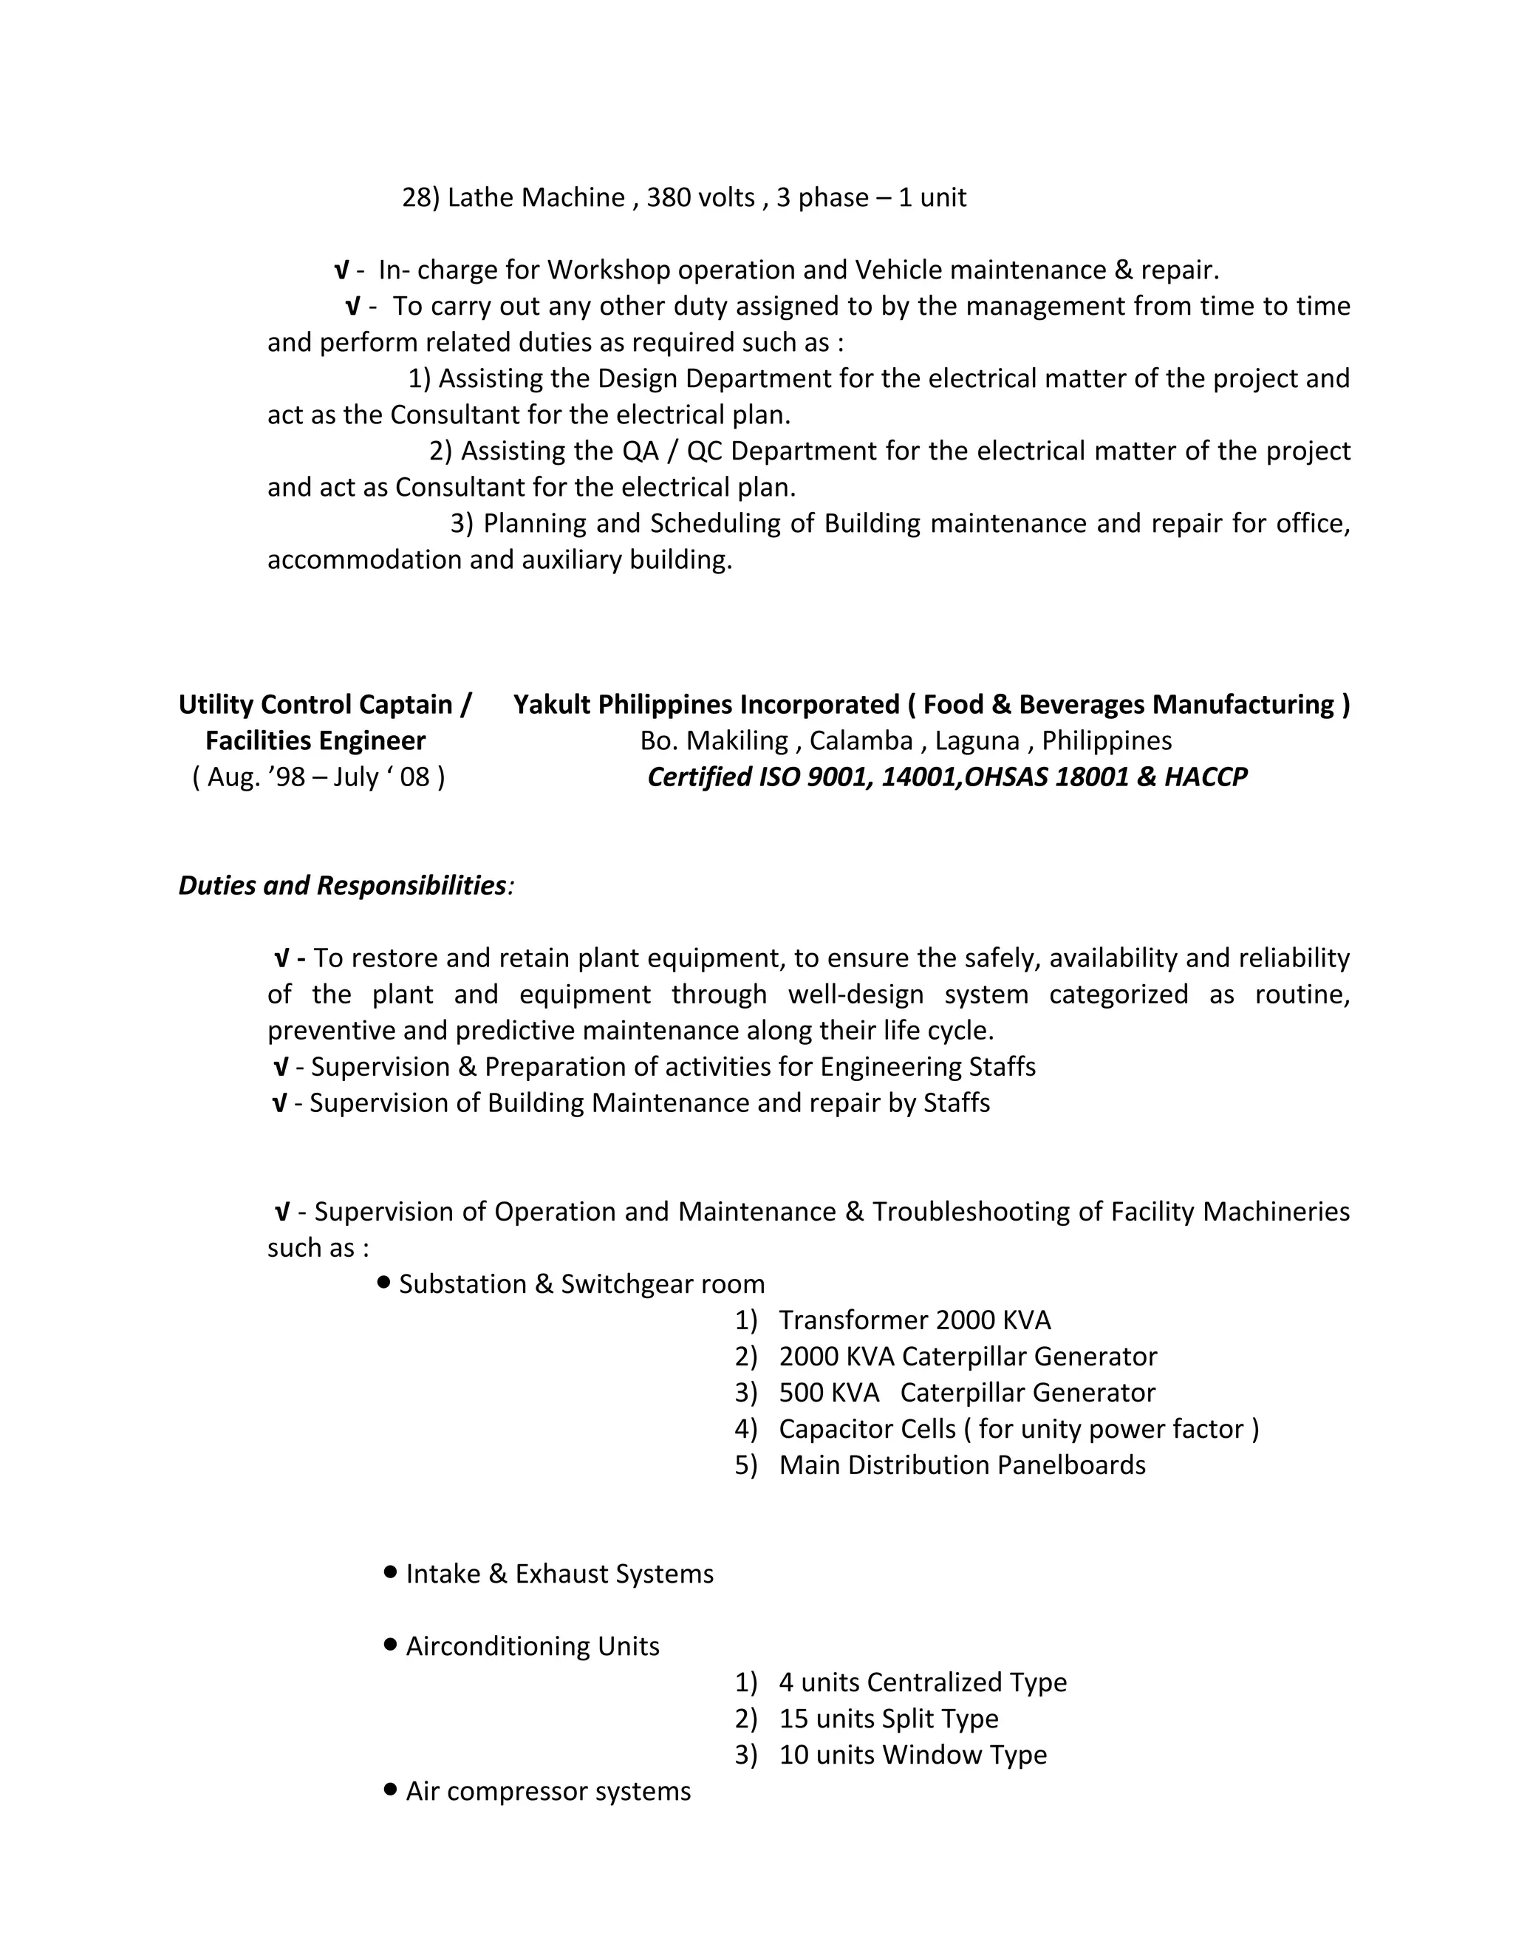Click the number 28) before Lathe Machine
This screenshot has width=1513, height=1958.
point(420,197)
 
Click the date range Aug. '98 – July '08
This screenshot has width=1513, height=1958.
point(318,777)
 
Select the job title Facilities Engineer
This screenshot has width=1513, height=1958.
point(315,741)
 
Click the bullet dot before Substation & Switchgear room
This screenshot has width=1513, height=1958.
point(384,1283)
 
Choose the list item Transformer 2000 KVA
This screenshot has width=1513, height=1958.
point(915,1320)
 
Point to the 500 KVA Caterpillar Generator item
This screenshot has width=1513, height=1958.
point(966,1394)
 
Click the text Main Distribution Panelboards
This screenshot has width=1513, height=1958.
point(962,1465)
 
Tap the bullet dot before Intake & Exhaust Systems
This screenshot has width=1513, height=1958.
point(390,1572)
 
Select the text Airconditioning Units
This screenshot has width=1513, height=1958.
point(533,1646)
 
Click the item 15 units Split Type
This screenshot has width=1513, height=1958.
point(888,1719)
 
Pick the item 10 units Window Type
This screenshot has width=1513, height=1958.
point(912,1755)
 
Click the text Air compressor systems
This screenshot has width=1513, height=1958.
point(547,1791)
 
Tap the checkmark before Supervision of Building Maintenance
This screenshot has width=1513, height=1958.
point(280,1104)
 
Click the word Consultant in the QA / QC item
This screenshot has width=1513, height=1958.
point(459,488)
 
